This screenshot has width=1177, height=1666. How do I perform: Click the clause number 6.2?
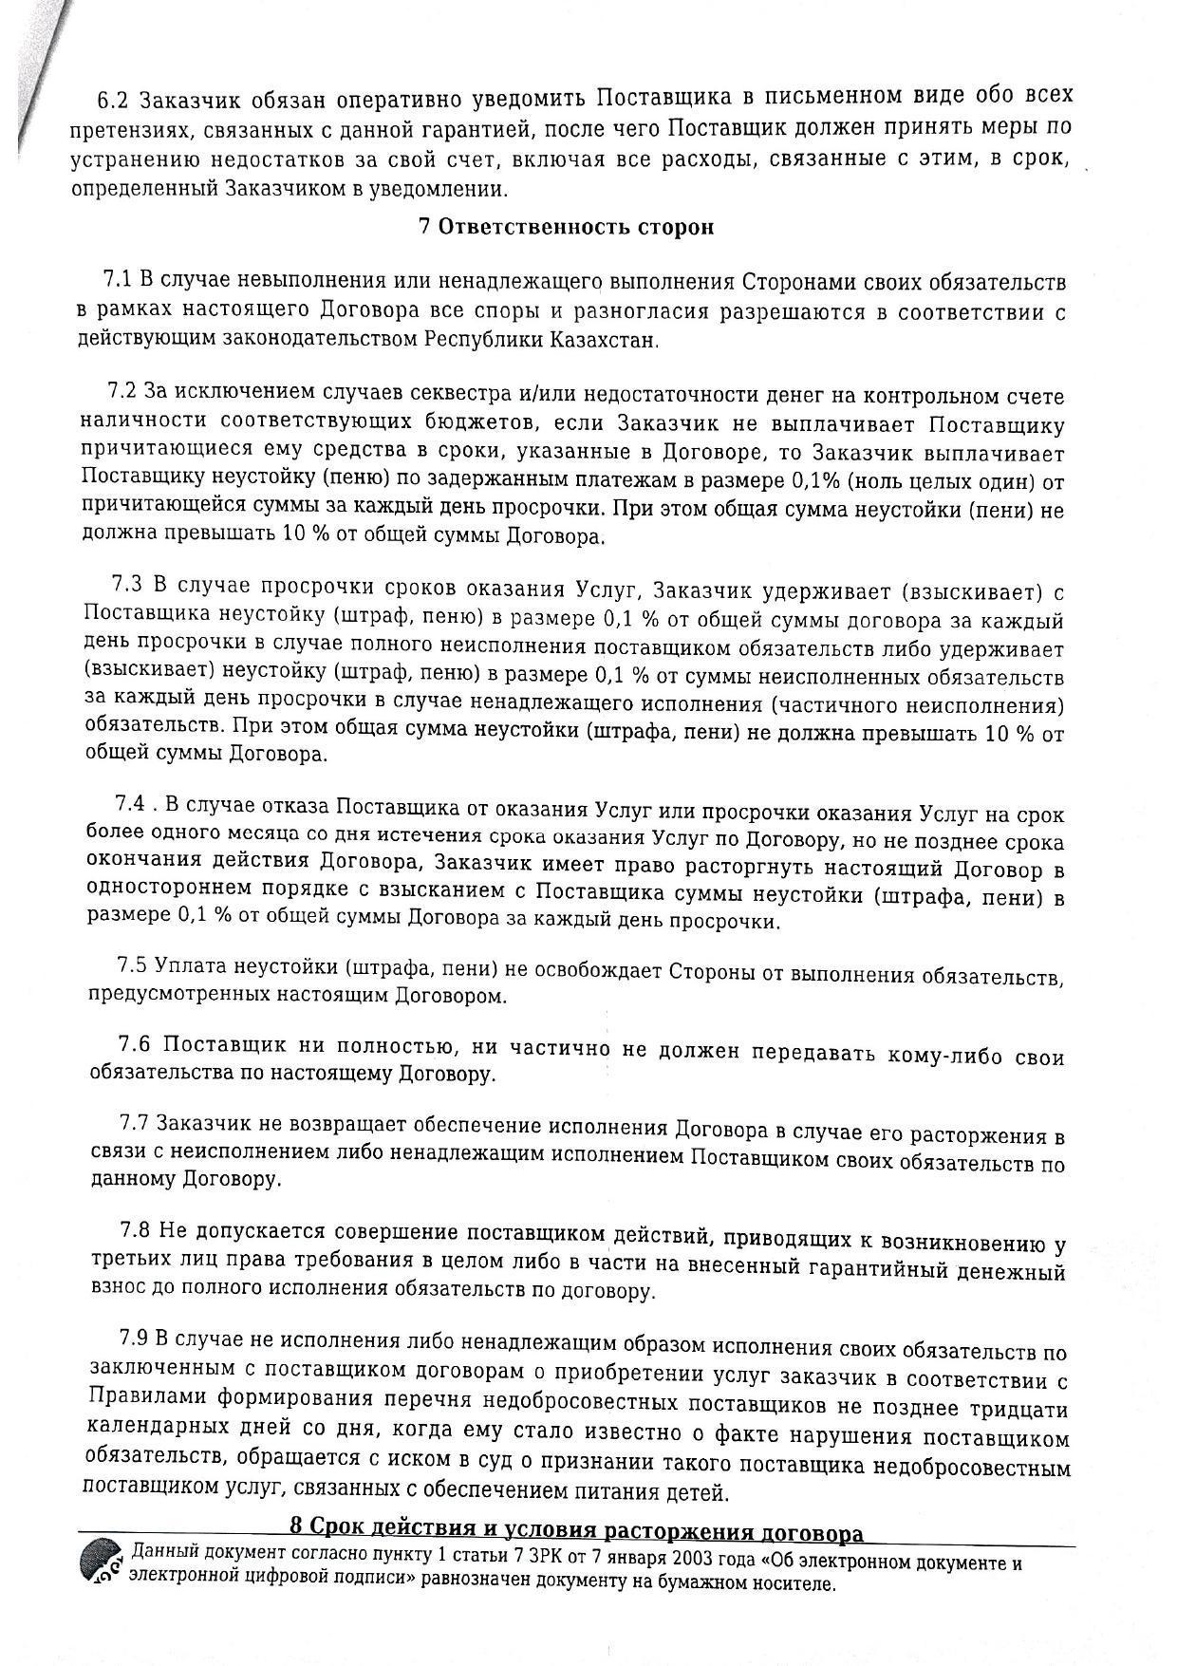point(112,100)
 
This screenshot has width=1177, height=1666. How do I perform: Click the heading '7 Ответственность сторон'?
point(566,228)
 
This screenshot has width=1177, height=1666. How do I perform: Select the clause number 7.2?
point(123,391)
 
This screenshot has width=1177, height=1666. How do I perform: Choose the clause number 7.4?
point(130,803)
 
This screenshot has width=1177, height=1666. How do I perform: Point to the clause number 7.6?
point(134,1043)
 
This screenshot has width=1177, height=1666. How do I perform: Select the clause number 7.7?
point(134,1123)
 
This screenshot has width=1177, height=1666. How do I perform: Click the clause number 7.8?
point(135,1230)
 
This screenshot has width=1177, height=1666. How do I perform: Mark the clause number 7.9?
point(134,1338)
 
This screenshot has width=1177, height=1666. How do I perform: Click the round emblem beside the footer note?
point(102,1563)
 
